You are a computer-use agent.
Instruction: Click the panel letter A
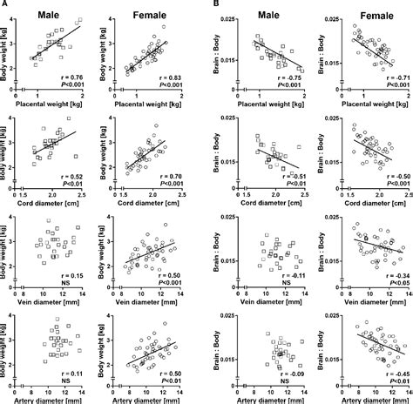4,4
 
